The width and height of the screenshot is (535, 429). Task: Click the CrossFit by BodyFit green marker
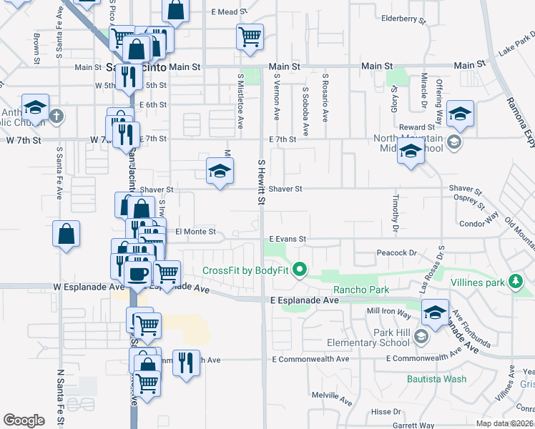click(300, 270)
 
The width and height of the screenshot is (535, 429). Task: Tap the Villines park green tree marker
click(514, 282)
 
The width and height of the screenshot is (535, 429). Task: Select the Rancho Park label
click(360, 290)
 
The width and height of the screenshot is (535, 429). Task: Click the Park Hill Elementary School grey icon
click(422, 337)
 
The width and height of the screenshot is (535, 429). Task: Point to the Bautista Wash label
click(436, 379)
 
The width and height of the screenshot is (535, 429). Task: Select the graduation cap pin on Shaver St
click(220, 171)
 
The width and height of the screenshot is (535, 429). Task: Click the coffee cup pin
click(137, 272)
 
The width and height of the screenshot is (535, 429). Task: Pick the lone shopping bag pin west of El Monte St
click(66, 235)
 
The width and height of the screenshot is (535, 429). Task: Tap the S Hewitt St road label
click(262, 182)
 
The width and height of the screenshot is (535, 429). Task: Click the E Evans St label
click(288, 239)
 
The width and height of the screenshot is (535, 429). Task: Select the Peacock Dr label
click(397, 253)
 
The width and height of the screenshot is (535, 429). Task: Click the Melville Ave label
click(332, 395)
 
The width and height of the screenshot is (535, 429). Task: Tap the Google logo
click(24, 420)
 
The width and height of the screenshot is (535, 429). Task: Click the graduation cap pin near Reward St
click(461, 114)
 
